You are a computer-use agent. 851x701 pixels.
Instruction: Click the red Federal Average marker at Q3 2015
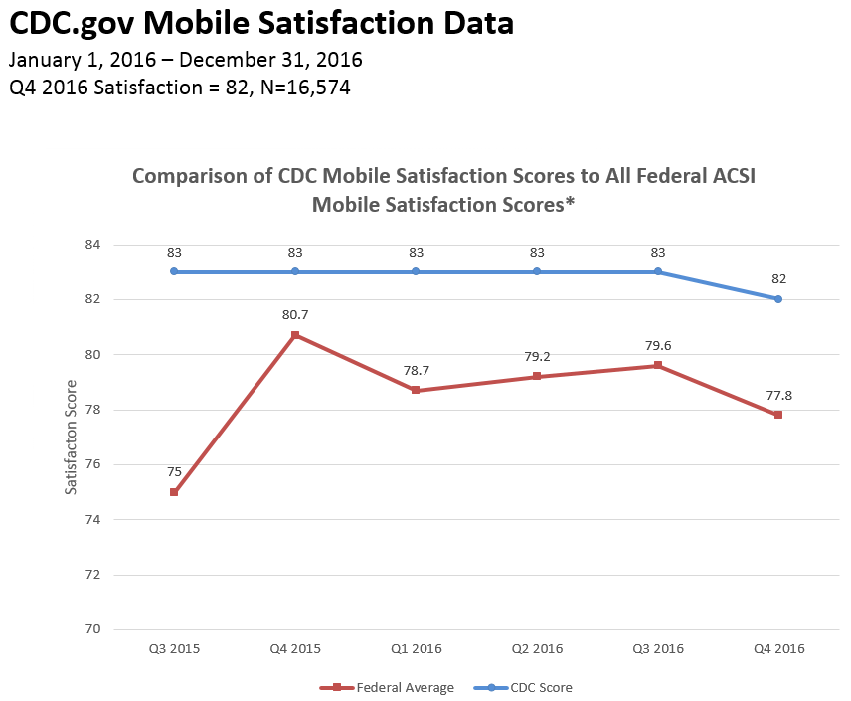(174, 492)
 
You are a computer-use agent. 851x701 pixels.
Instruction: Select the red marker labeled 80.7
(295, 335)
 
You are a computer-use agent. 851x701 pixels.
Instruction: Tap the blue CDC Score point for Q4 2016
(778, 299)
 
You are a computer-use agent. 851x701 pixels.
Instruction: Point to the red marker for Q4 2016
(778, 415)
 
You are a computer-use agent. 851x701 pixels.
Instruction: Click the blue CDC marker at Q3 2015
(174, 271)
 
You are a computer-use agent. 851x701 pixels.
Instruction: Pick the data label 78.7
(416, 368)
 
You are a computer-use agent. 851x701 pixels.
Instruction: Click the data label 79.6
(658, 347)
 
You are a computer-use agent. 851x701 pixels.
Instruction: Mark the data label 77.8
(778, 395)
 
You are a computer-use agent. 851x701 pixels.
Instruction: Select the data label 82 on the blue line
(778, 278)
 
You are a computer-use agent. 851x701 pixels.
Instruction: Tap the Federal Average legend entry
(395, 687)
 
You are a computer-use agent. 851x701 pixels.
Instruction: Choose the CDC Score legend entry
(541, 687)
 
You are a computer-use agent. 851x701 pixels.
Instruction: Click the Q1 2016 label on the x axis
(416, 648)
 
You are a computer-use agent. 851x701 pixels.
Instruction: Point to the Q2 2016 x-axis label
(537, 648)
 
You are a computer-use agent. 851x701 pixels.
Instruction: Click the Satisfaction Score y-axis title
(71, 437)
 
